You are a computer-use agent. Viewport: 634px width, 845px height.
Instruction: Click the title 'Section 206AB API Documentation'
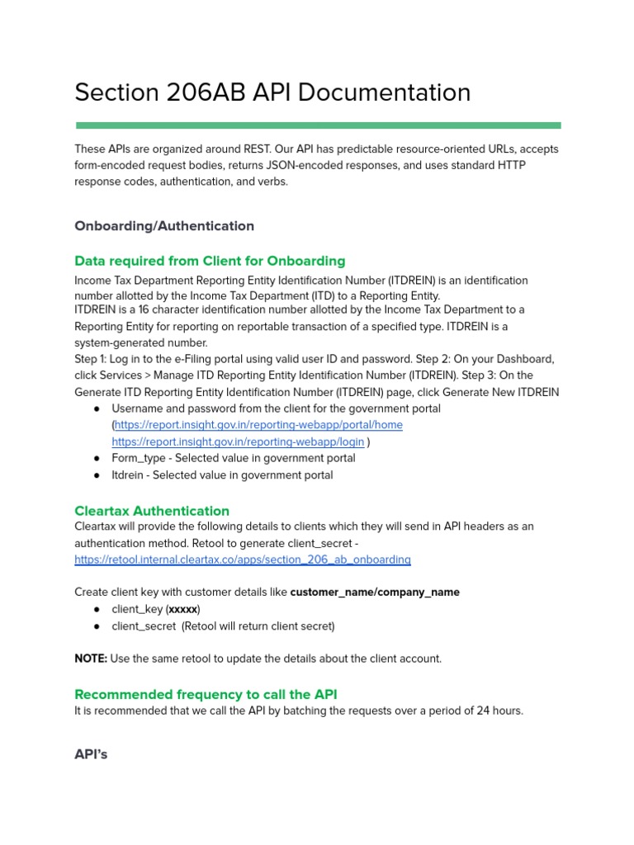pyautogui.click(x=272, y=92)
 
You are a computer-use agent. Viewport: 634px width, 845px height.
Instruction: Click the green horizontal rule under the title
pyautogui.click(x=318, y=125)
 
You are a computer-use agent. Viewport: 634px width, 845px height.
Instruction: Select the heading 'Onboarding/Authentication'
pyautogui.click(x=164, y=226)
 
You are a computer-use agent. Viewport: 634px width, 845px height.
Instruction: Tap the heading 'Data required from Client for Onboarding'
pyautogui.click(x=210, y=261)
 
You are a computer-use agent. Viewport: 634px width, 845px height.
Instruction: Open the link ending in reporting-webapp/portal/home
pyautogui.click(x=258, y=425)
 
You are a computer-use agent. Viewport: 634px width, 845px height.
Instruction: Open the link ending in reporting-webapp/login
pyautogui.click(x=238, y=441)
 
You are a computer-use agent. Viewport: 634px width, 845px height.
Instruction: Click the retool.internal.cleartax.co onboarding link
pyautogui.click(x=242, y=559)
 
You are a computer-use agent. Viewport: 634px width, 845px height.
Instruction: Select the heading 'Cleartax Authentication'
pyautogui.click(x=152, y=511)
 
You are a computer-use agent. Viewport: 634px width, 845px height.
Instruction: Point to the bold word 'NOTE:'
pyautogui.click(x=91, y=659)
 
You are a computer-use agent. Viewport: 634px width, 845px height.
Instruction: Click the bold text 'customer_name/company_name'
pyautogui.click(x=375, y=592)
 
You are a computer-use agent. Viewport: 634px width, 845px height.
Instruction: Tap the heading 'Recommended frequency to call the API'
pyautogui.click(x=206, y=694)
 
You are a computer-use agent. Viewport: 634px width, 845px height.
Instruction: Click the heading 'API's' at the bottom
pyautogui.click(x=91, y=754)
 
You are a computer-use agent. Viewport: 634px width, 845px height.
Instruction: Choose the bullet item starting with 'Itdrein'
pyautogui.click(x=222, y=475)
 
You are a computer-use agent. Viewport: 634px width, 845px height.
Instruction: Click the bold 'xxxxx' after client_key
pyautogui.click(x=183, y=610)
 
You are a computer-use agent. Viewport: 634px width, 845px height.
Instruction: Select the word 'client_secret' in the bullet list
pyautogui.click(x=144, y=626)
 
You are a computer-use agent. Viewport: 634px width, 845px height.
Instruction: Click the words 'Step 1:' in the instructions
pyautogui.click(x=93, y=360)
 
